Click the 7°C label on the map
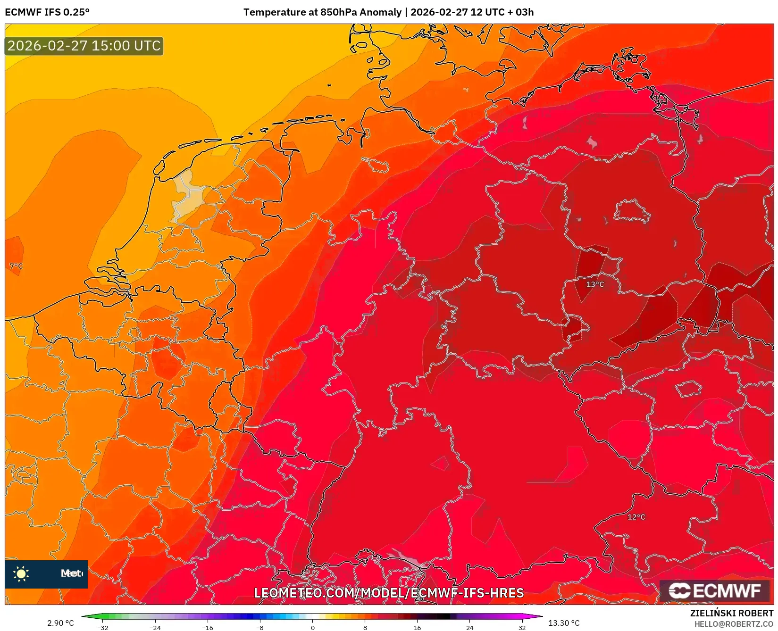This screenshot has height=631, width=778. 16,266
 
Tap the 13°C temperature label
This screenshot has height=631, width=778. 595,284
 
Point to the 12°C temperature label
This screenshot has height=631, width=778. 636,517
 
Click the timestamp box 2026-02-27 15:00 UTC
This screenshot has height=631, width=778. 84,46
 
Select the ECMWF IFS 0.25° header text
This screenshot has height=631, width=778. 47,12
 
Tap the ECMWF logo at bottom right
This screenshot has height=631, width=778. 715,590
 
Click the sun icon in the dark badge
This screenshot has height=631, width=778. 21,573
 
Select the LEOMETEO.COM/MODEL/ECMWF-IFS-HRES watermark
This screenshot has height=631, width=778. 389,593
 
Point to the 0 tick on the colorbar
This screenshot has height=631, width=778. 312,628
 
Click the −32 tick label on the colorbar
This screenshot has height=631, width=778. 102,628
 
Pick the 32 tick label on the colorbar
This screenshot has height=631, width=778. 522,628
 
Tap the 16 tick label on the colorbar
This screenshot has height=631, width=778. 417,628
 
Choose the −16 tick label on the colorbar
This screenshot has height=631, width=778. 207,628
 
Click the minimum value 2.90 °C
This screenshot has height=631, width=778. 60,623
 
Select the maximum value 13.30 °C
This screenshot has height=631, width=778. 564,623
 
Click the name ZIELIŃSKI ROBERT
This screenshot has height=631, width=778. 732,613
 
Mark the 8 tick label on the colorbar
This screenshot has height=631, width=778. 365,628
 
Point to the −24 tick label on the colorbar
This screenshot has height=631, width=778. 155,628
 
